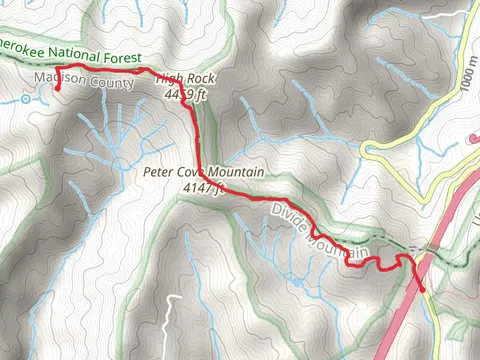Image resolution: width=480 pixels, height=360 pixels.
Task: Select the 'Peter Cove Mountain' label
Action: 203,172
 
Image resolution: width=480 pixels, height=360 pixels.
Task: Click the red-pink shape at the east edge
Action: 474,140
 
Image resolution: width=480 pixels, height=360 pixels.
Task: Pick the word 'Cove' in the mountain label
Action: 200,172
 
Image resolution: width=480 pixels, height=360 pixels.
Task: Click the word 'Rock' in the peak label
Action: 202,78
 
